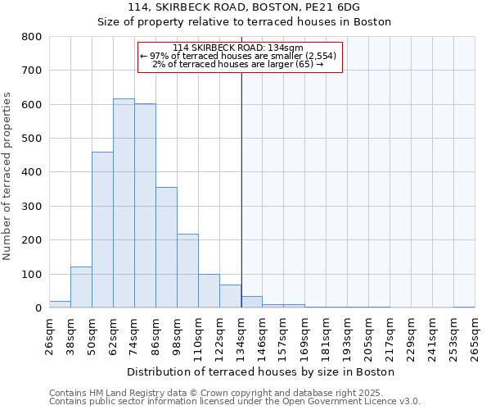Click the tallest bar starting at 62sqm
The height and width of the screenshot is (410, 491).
click(x=124, y=203)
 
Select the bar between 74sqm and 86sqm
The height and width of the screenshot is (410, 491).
click(x=145, y=206)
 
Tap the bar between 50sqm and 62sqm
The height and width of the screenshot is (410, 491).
click(x=102, y=230)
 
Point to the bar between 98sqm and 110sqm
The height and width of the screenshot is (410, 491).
click(x=187, y=271)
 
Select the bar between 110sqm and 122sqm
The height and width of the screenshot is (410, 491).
click(x=209, y=291)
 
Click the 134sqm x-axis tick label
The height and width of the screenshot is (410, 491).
click(x=241, y=335)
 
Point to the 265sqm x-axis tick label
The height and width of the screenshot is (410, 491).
click(x=475, y=335)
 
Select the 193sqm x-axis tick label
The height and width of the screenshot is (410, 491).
click(x=348, y=335)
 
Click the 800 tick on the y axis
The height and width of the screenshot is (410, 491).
click(x=32, y=37)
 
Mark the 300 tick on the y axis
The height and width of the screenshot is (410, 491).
click(x=32, y=207)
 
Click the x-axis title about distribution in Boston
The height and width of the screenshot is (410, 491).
click(x=261, y=372)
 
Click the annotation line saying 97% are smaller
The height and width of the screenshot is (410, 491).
click(x=238, y=56)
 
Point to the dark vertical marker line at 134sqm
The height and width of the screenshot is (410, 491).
click(x=241, y=189)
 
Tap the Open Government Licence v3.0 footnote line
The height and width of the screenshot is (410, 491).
click(x=235, y=402)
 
